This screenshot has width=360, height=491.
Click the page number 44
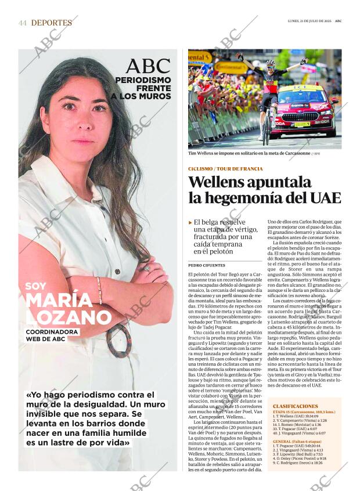(23, 23)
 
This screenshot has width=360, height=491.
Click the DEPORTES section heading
(52, 23)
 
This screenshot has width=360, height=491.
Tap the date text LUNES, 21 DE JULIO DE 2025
(309, 21)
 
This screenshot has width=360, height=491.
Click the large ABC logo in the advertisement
(148, 66)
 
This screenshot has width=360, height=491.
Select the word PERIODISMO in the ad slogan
(143, 80)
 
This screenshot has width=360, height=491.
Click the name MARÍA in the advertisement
(59, 300)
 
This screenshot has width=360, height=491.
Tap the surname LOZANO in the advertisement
(69, 317)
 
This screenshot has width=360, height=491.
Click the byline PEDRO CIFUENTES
(206, 265)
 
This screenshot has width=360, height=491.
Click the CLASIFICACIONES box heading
(295, 406)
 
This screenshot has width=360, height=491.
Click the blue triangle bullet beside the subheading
(190, 222)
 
